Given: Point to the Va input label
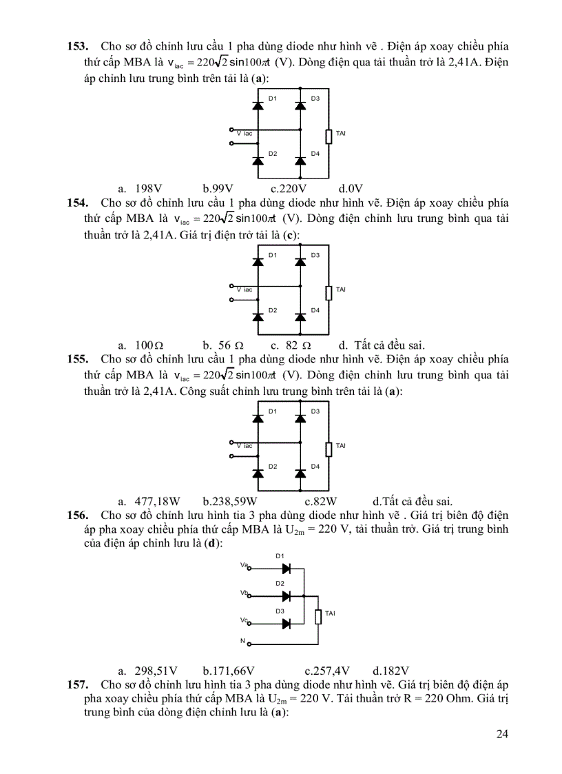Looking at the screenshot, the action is click(x=244, y=565).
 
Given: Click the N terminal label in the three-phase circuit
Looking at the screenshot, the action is click(x=242, y=642).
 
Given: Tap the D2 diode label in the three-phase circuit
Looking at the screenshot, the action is click(x=280, y=583).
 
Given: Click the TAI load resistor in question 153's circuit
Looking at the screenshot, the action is click(x=329, y=136).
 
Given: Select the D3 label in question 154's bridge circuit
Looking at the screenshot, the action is click(x=315, y=255).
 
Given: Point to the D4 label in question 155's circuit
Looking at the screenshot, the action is click(x=315, y=467).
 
